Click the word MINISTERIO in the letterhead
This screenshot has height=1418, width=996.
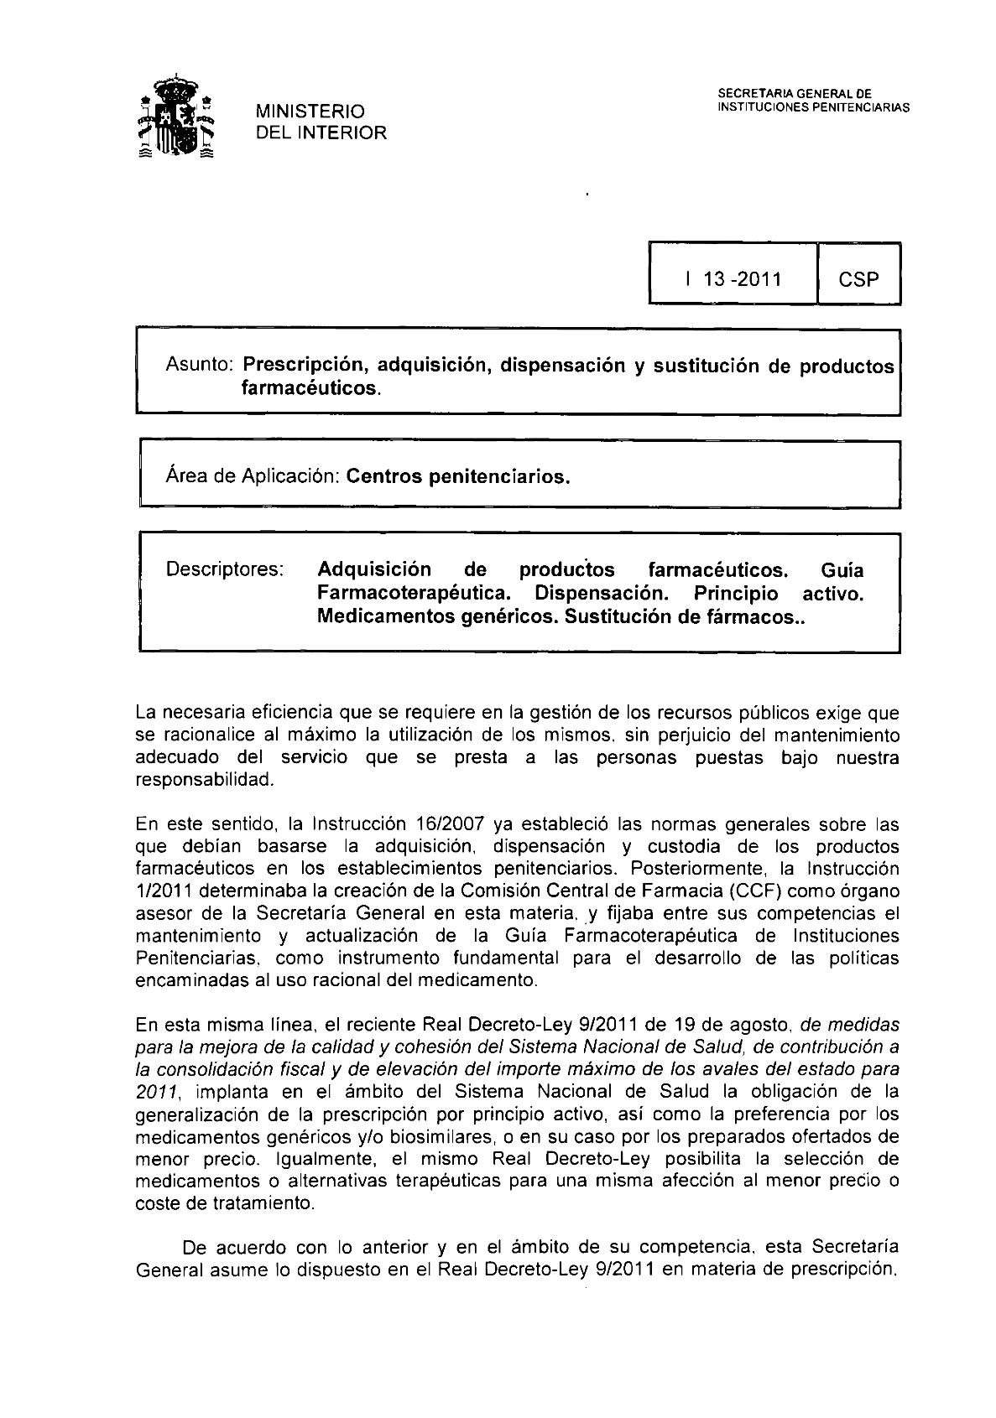pos(310,112)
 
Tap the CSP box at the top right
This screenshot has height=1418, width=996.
pos(858,279)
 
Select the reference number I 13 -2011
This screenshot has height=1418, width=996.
pos(733,279)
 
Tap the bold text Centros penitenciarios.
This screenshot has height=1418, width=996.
pos(458,477)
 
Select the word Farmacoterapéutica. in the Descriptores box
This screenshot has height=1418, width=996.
pos(414,593)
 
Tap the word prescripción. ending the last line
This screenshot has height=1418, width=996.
pos(836,1270)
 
